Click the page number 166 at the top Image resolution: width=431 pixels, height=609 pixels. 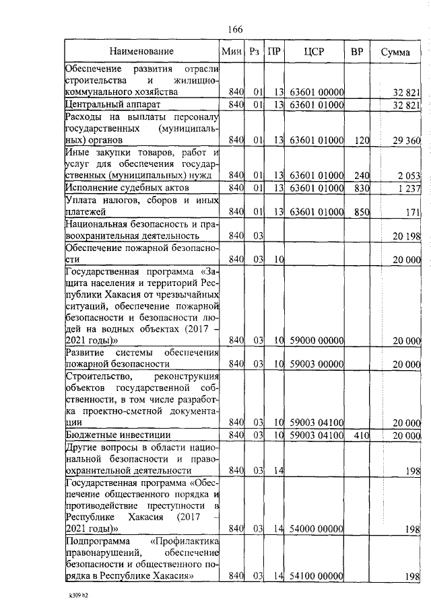click(235, 28)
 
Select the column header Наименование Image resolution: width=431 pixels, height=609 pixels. click(142, 51)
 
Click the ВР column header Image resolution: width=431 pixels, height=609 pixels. click(357, 51)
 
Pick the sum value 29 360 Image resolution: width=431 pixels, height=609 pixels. click(407, 141)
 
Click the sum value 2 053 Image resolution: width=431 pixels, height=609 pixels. click(409, 176)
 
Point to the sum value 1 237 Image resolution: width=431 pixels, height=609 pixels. click(409, 188)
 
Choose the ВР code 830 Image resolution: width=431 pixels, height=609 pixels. click(362, 188)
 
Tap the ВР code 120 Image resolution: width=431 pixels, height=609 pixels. click(362, 141)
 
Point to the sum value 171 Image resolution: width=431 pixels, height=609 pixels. click(412, 213)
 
